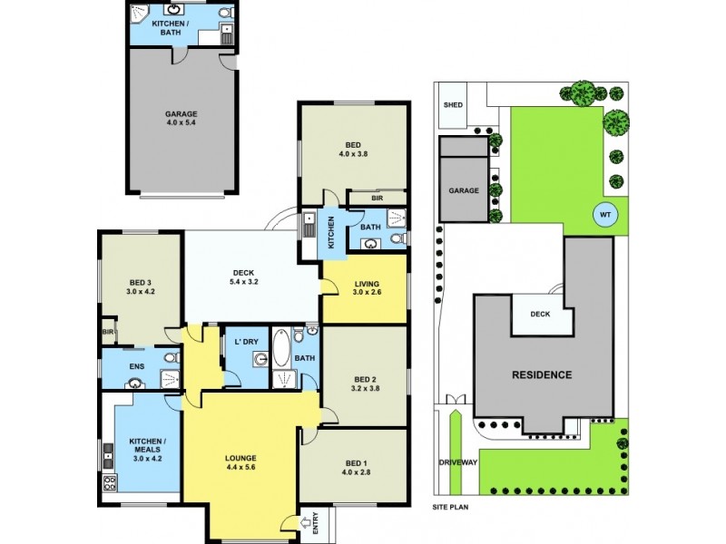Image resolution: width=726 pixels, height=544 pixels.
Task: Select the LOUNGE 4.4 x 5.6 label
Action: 241,462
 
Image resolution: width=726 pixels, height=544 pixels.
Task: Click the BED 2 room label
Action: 365,383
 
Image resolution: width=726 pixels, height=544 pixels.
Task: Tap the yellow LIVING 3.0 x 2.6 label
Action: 366,290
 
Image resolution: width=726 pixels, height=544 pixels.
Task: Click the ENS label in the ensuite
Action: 137,366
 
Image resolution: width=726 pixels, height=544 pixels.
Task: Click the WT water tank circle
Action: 603,215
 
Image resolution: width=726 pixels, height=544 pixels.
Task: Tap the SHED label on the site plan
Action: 452,105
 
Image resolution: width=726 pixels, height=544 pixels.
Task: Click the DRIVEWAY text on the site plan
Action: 457,462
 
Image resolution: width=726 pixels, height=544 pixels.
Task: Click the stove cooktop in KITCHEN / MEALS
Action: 111,482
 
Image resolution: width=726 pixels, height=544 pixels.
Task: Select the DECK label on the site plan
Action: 540,315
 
